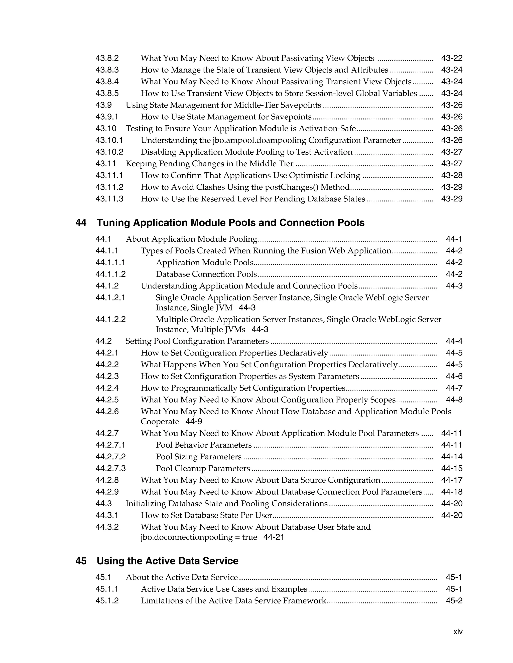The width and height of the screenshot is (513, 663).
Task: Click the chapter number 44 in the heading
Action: click(x=81, y=223)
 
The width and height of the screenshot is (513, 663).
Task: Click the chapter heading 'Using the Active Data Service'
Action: click(x=168, y=561)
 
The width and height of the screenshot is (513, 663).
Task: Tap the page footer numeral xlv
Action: click(x=458, y=632)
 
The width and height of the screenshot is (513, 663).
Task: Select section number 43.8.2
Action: click(x=107, y=58)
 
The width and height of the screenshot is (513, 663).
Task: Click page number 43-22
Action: click(x=452, y=58)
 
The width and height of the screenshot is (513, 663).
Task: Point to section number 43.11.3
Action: click(x=109, y=199)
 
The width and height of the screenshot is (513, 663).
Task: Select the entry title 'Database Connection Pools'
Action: click(x=206, y=274)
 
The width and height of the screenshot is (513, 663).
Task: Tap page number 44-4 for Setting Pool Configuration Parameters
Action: click(x=454, y=341)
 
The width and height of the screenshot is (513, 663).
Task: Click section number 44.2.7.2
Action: click(x=110, y=457)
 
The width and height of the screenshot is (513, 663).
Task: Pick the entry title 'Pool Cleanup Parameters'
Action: click(x=203, y=468)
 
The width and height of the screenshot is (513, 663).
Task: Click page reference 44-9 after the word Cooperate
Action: click(x=194, y=422)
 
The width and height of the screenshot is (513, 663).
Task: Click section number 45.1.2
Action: click(x=107, y=601)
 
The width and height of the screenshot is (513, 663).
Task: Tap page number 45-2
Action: click(x=454, y=601)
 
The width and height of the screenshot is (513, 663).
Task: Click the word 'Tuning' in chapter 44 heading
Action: click(x=114, y=223)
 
